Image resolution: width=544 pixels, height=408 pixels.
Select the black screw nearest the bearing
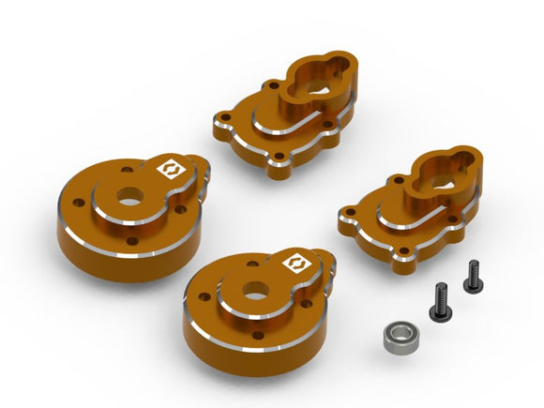click(438, 300)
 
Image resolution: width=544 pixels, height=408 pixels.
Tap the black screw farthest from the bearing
click(470, 275)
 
